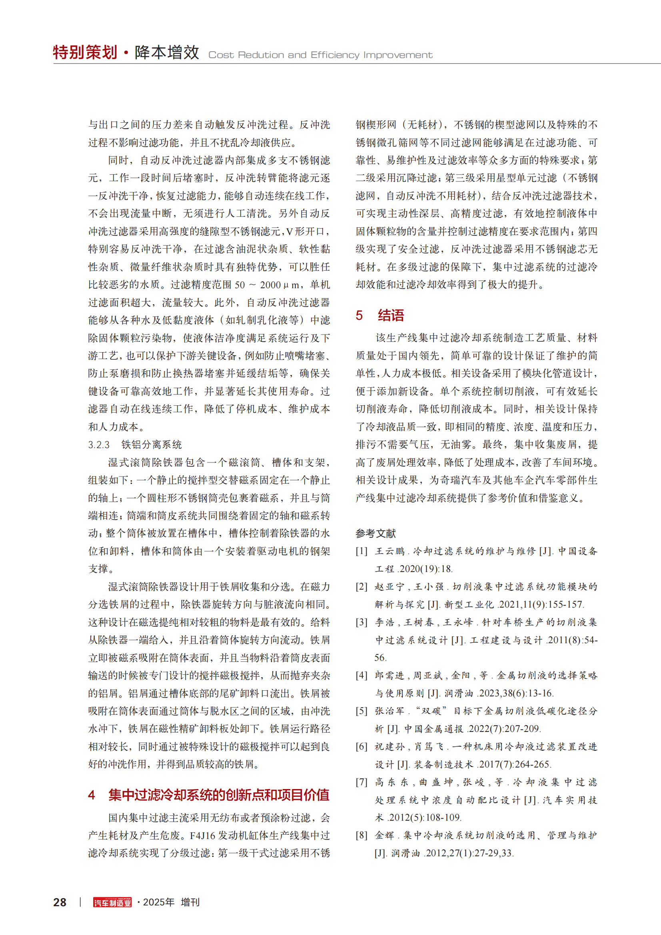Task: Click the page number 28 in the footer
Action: click(x=60, y=902)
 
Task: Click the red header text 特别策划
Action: click(x=85, y=52)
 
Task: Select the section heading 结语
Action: click(x=391, y=315)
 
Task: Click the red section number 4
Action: click(x=92, y=795)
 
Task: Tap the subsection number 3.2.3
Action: click(x=99, y=445)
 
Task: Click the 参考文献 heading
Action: click(x=375, y=533)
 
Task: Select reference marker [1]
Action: click(x=361, y=551)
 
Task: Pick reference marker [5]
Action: click(x=361, y=711)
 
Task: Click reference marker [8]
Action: click(x=361, y=835)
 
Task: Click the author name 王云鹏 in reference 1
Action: click(x=390, y=551)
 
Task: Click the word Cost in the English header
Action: click(x=220, y=55)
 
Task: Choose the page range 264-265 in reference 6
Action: click(x=533, y=764)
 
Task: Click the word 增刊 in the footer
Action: click(x=190, y=902)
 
